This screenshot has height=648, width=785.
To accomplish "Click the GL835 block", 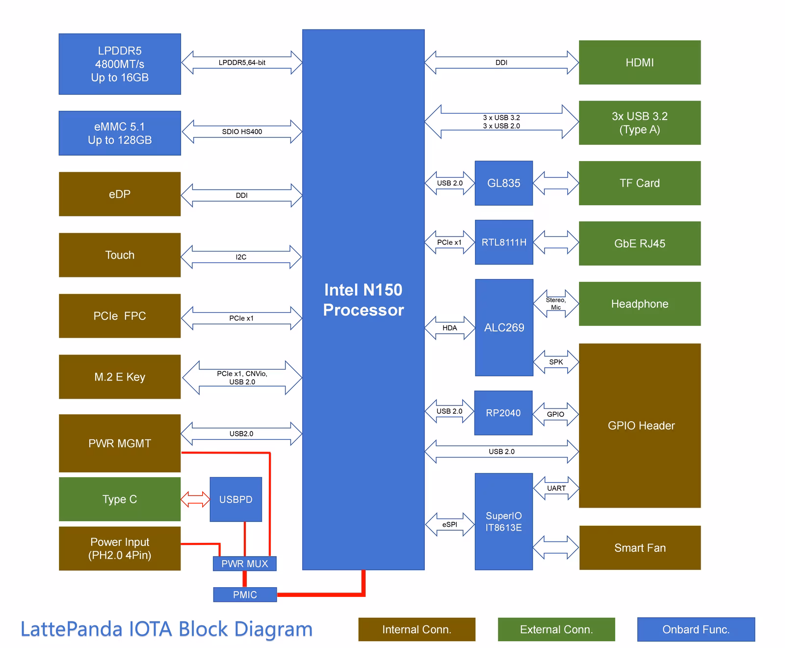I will point(503,183).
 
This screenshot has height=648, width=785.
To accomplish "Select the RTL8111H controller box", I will point(504,243).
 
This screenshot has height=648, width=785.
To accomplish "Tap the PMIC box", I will point(245,594).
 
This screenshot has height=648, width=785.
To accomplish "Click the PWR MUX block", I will point(244,564).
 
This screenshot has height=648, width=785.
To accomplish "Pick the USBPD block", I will point(235,499).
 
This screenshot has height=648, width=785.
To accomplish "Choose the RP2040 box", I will point(503,413).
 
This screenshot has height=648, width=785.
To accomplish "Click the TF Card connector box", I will point(639,183).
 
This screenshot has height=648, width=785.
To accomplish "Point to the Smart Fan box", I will point(639,548).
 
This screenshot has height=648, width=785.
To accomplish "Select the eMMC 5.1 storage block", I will point(120,133).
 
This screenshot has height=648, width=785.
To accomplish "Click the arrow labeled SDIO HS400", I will point(242,132).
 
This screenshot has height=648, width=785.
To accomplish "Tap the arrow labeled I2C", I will point(241,257).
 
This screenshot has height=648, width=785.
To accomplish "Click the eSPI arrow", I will point(449,524).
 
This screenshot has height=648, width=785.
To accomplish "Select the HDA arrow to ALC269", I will point(449,328).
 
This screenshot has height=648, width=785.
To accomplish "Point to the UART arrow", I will point(556,488).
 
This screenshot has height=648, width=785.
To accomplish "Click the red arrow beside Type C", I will point(195,499).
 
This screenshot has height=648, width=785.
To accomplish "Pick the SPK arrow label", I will point(556,362).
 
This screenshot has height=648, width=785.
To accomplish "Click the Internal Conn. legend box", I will point(417,629).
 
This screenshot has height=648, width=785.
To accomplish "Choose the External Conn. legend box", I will point(556,629).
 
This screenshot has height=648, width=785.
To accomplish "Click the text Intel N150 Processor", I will point(363,299).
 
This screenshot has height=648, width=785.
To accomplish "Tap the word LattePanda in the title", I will point(71,629).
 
